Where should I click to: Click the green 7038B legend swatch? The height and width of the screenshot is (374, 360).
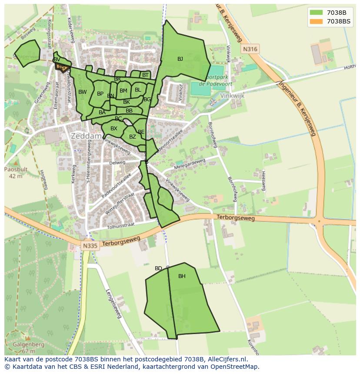316,13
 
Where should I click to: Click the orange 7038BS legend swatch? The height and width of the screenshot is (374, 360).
316,21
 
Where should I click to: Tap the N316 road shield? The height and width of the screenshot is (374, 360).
250,49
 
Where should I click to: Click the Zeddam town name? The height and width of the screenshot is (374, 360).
86,136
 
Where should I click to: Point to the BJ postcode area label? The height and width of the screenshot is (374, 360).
180,59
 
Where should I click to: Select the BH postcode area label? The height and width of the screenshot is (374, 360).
182,276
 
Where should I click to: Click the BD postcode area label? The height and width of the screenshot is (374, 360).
158,268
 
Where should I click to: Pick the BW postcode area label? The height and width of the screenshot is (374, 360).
83,92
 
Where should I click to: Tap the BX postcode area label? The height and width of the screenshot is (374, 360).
114,129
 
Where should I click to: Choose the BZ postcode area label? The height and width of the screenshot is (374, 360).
133,137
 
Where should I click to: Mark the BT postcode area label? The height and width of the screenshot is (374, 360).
145,75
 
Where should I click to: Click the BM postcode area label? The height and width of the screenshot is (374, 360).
123,91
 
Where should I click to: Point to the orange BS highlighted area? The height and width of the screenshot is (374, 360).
61,67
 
